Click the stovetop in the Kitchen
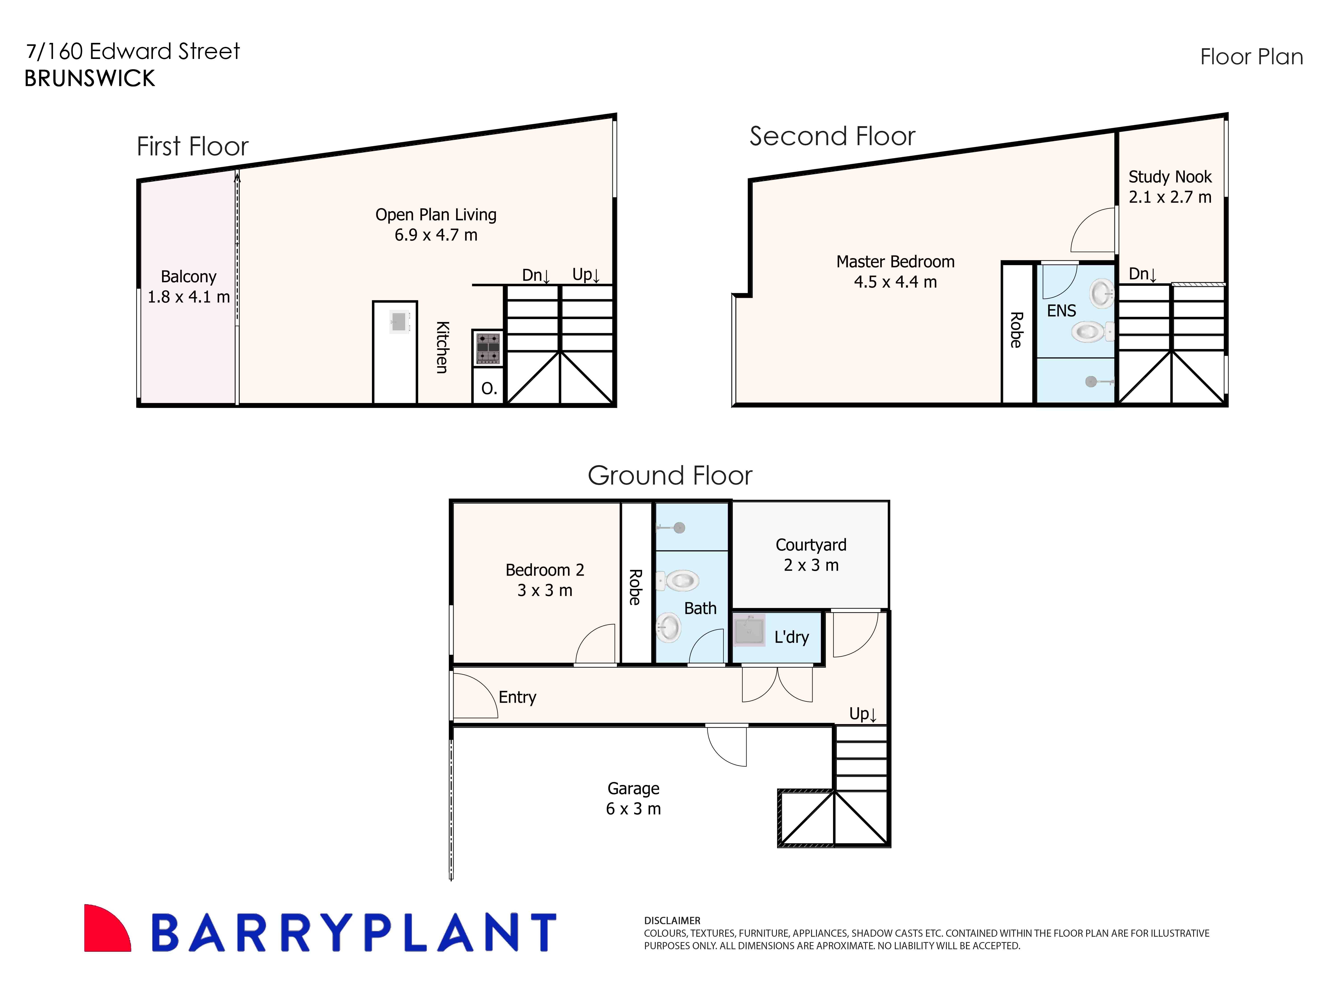(488, 348)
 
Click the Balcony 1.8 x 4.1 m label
(188, 287)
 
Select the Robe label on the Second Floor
(1016, 330)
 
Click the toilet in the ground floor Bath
(679, 581)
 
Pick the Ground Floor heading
(670, 476)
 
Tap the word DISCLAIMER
(672, 920)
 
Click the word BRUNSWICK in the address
(90, 78)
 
